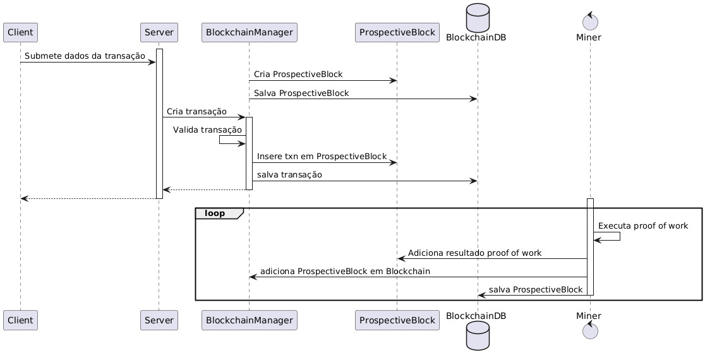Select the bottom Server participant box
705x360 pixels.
pos(159,320)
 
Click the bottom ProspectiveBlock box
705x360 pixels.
pos(397,320)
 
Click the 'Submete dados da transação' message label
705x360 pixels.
pos(85,56)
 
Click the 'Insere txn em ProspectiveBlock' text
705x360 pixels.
pos(322,156)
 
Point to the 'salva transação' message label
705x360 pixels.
pos(289,174)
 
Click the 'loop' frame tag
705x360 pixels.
pos(215,213)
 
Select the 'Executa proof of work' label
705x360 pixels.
pos(643,225)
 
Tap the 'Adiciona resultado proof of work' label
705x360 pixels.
pos(474,253)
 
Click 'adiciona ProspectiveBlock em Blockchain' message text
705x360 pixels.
pos(345,271)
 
